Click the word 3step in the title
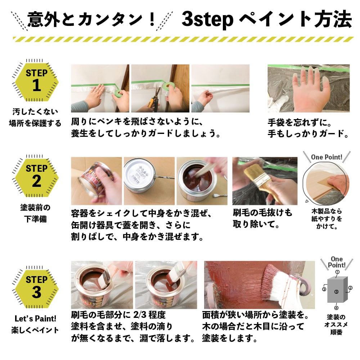tap(207, 19)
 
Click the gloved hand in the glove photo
tap(310, 89)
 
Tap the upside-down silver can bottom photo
tap(149, 181)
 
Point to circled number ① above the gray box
tap(337, 272)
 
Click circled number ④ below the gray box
tap(336, 308)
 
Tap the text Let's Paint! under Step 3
tap(35, 319)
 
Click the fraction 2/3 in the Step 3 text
tap(140, 315)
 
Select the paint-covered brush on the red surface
tap(285, 285)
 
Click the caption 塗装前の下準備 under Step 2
tap(35, 213)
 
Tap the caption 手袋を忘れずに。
tap(300, 123)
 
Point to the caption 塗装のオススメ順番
tap(336, 325)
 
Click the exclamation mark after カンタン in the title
tap(152, 19)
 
